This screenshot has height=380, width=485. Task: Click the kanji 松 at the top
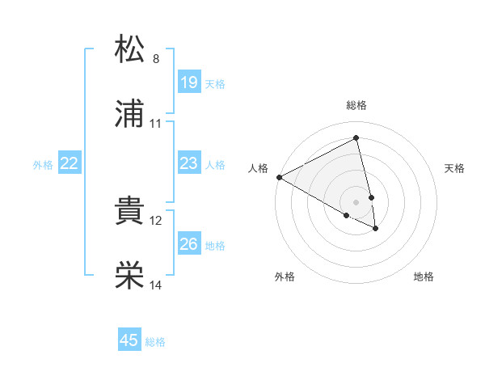point(131,49)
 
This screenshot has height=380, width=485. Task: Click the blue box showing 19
point(188,82)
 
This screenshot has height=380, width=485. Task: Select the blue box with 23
point(188,163)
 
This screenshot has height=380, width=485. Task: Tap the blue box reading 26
point(188,243)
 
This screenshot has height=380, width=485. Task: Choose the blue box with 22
point(70,163)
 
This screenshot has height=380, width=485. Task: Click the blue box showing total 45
point(129,340)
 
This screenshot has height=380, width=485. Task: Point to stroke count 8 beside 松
point(156,59)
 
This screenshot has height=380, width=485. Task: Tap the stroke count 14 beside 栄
point(156,285)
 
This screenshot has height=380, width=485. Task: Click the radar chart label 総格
point(356,105)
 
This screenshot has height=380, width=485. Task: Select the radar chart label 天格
point(455,168)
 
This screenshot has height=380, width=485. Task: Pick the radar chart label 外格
point(285,277)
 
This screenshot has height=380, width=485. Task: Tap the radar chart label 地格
point(424,277)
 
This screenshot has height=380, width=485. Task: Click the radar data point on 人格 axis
point(279,177)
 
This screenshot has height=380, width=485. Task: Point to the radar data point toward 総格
point(356,138)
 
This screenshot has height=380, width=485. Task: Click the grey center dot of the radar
point(356,201)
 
